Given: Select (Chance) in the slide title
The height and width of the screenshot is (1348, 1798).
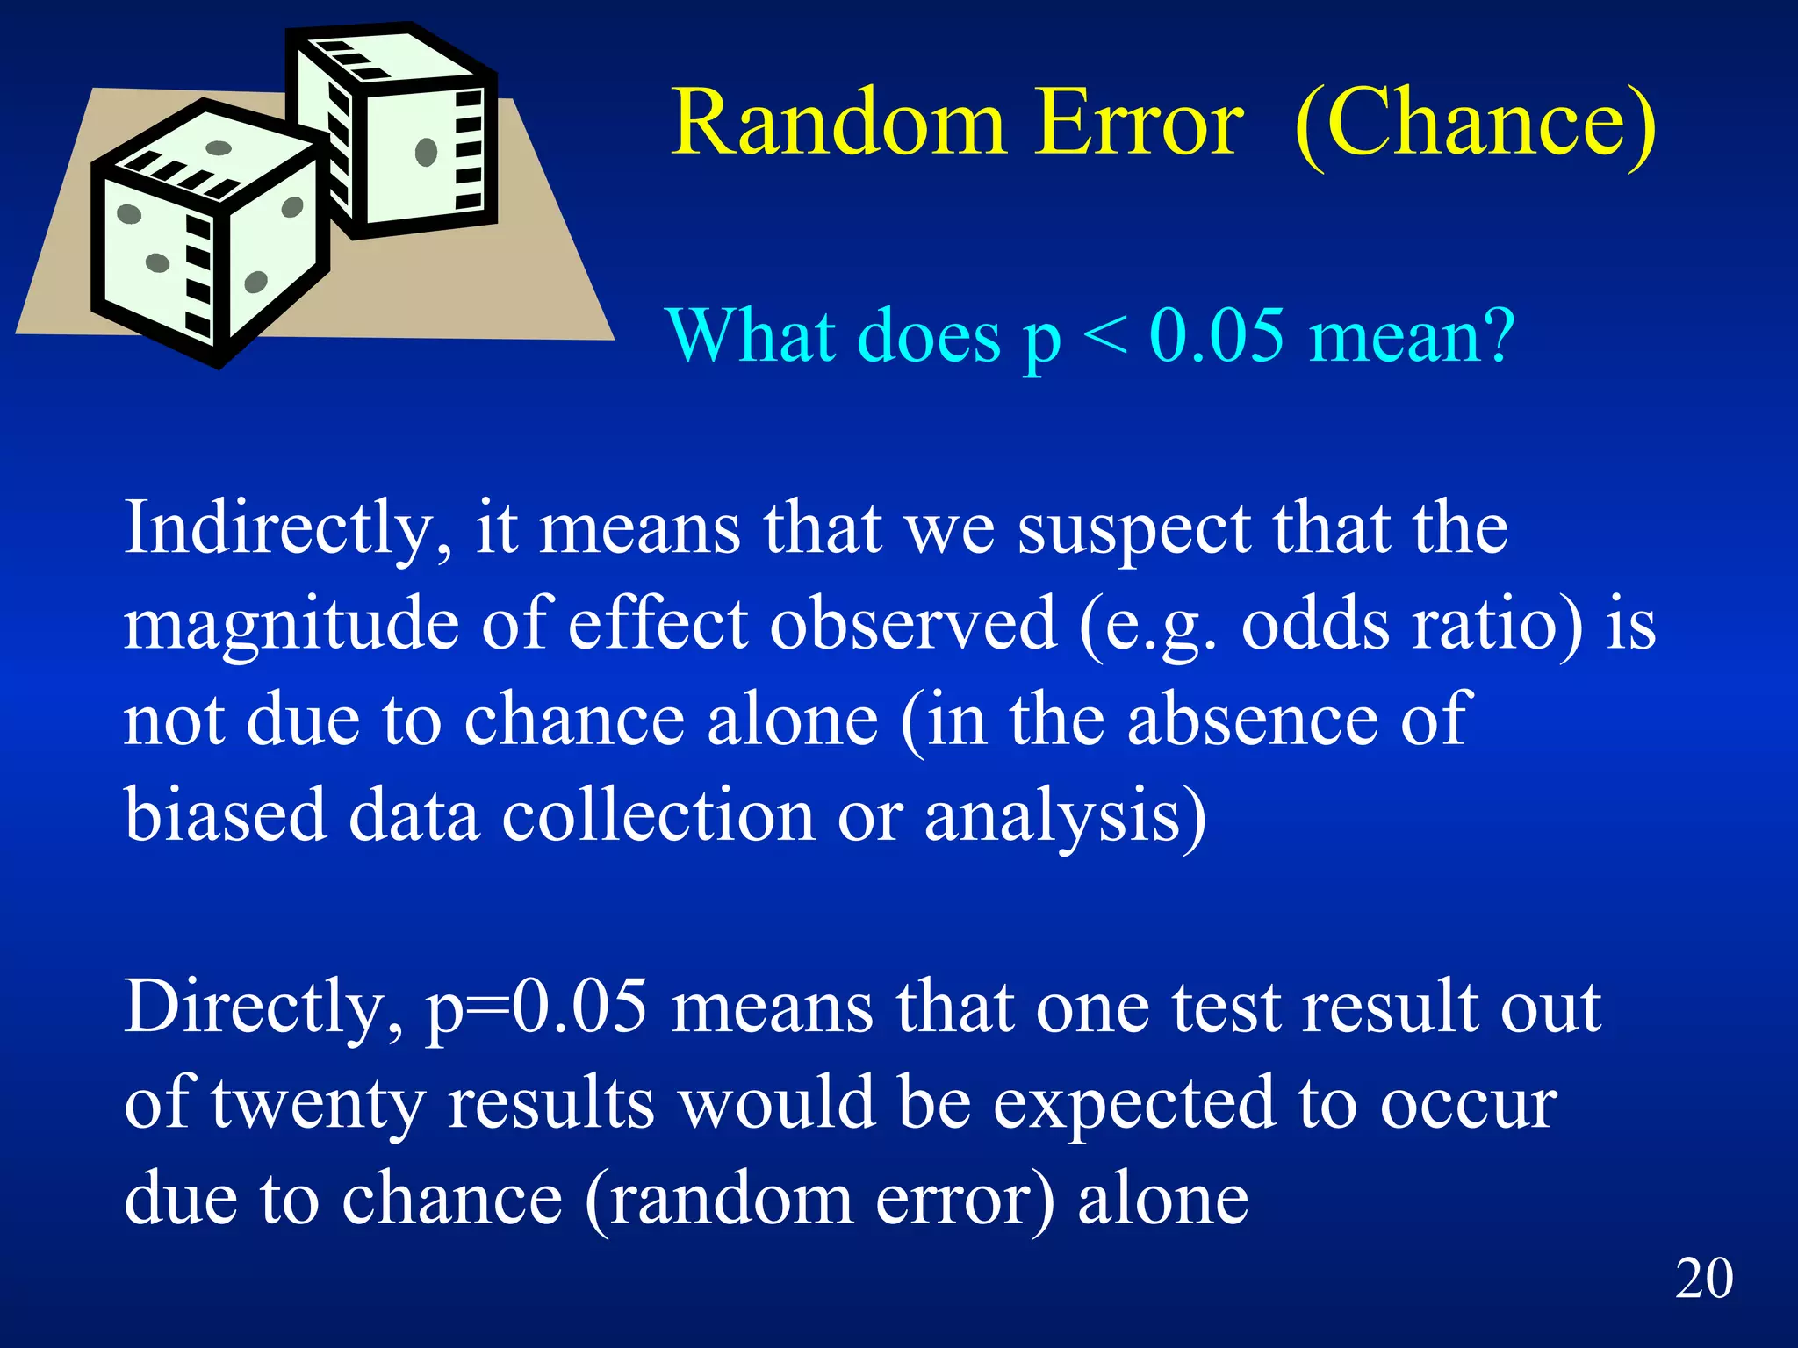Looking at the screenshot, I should pos(1475,125).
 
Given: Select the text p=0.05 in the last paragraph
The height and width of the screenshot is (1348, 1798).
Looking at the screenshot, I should pos(536,1008).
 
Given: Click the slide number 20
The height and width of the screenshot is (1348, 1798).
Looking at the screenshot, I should pos(1703,1278).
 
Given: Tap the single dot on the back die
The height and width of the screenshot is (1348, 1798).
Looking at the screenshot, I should pos(426,152).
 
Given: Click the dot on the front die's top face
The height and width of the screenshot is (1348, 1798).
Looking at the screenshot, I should pos(218,147).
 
